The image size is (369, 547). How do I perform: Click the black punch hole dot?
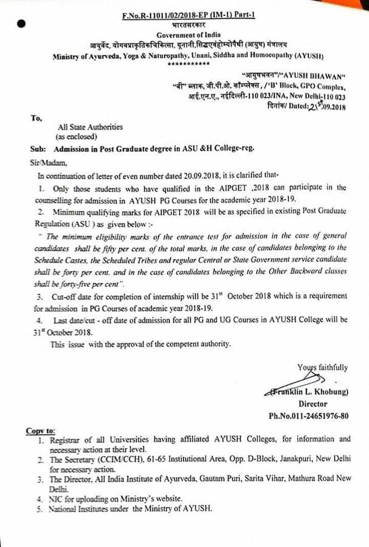coord(22,25)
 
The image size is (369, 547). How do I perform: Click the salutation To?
coord(35,119)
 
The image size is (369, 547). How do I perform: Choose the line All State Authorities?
coord(89,127)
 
